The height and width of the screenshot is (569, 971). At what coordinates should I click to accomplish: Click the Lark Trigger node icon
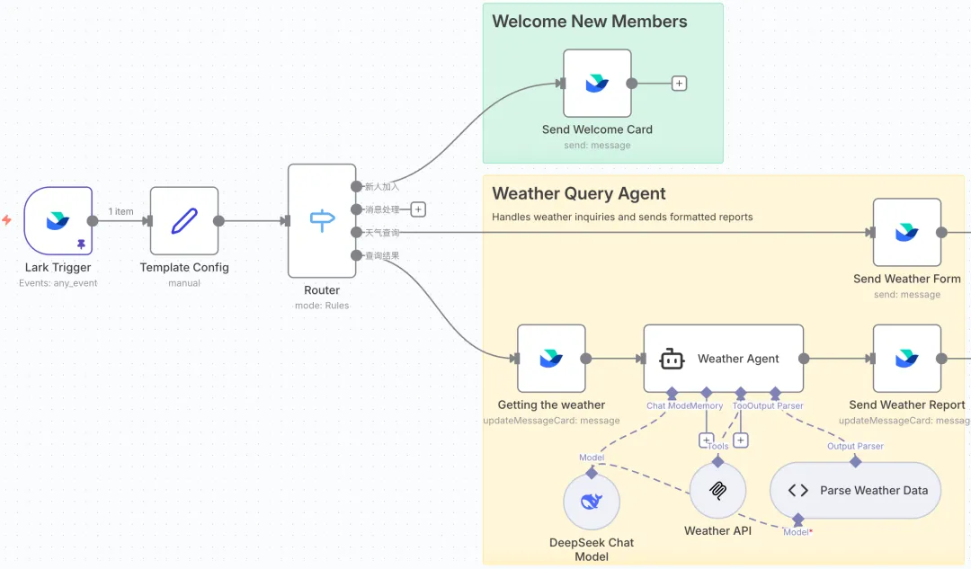(x=58, y=219)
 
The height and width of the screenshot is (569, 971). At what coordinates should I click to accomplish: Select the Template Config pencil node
(x=184, y=220)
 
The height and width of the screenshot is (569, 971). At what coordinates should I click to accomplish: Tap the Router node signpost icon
(x=321, y=220)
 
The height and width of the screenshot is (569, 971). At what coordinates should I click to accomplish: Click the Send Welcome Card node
(x=597, y=84)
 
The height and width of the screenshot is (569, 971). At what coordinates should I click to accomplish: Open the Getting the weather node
(x=551, y=359)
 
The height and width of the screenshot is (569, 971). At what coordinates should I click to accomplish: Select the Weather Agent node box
(x=723, y=359)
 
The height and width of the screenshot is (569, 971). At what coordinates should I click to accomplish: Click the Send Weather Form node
(x=906, y=233)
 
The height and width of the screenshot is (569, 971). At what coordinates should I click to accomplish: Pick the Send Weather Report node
(x=906, y=359)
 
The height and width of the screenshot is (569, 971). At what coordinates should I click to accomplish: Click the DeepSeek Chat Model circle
(x=592, y=502)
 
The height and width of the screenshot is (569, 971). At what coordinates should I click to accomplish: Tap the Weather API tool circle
(x=717, y=491)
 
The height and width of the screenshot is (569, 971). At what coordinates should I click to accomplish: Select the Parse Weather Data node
(x=855, y=491)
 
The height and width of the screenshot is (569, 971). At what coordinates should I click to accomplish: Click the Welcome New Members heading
(x=590, y=22)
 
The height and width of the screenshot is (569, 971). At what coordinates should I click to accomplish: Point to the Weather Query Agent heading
(x=579, y=193)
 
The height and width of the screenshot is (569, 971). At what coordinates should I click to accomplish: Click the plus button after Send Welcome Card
(x=680, y=84)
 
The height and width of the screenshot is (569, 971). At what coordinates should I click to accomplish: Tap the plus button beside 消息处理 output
(x=418, y=209)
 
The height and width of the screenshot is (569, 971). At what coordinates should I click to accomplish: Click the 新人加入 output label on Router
(x=381, y=187)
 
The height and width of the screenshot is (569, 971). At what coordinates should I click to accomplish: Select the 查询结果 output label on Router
(x=381, y=256)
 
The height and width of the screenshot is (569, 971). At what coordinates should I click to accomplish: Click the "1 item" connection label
(x=121, y=212)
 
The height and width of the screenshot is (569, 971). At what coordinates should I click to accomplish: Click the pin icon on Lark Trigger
(x=81, y=244)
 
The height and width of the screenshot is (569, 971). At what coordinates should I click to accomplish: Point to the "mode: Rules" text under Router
(x=322, y=306)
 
